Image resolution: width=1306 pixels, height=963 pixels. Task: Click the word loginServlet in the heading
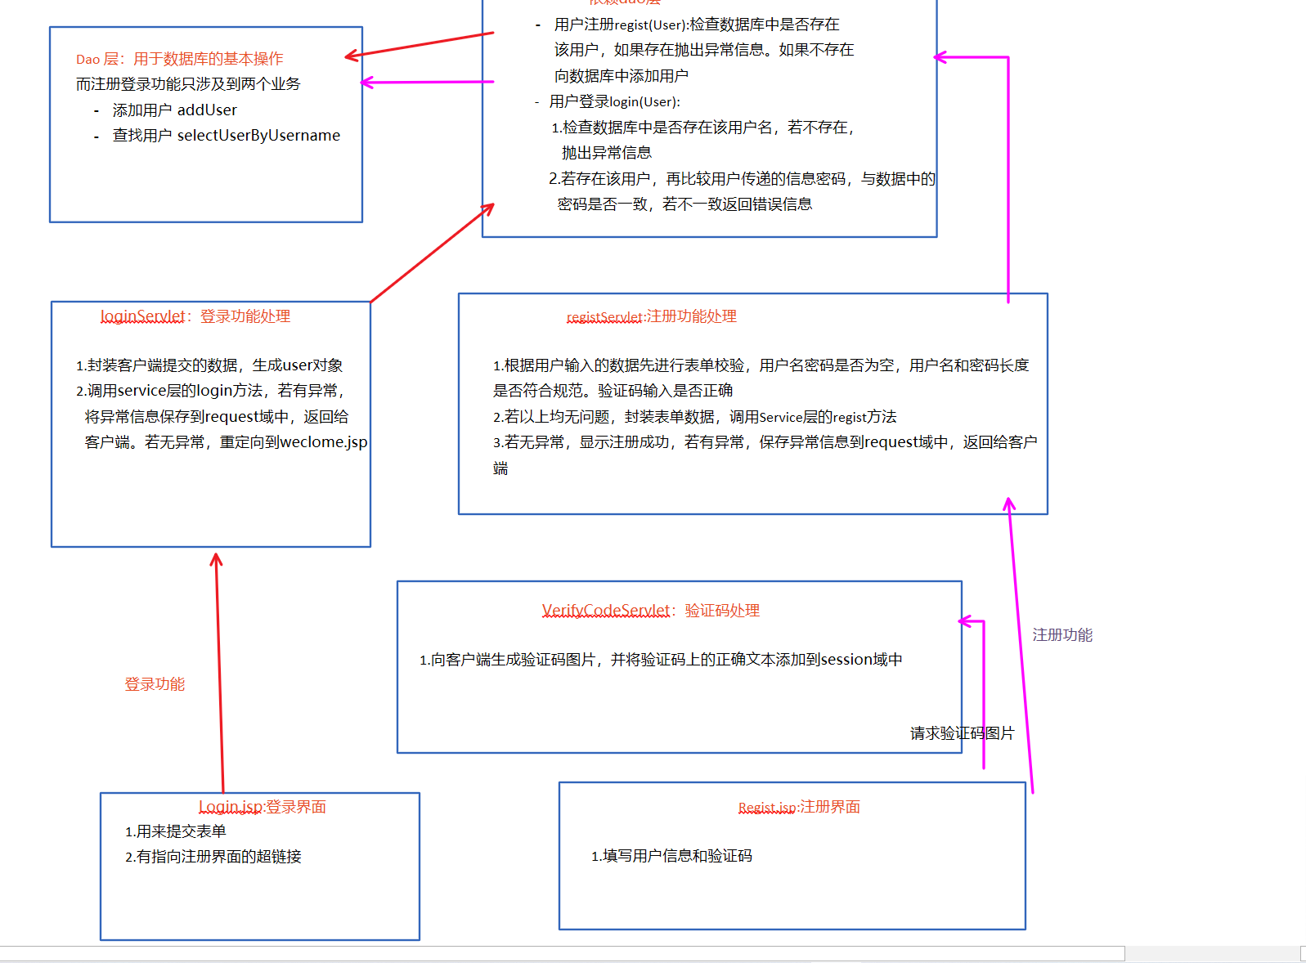pos(143,316)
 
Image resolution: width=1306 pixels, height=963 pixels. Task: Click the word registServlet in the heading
pos(604,317)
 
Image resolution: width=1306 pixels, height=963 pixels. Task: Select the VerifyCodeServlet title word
pos(606,611)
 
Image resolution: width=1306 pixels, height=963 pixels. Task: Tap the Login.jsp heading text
pos(230,807)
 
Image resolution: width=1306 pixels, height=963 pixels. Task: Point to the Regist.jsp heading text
pos(767,808)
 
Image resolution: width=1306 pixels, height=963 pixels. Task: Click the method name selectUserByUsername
pos(258,136)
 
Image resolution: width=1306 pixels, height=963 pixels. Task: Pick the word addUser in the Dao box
pos(207,110)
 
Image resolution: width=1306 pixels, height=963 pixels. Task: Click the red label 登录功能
pos(155,684)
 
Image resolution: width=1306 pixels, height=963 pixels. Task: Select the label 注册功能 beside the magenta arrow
pos(1062,635)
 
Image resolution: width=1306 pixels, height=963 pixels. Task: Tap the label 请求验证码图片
pos(962,733)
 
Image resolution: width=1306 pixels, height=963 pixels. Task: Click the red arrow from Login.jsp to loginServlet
pos(219,670)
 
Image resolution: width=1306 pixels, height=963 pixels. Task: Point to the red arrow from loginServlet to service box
pos(432,254)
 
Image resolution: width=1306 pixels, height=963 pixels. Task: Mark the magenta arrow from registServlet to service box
pos(1008,180)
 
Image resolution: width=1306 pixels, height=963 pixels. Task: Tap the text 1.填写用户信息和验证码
pos(671,856)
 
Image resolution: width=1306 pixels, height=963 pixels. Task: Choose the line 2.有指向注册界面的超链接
pos(213,857)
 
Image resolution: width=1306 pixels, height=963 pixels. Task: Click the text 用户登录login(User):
pos(615,101)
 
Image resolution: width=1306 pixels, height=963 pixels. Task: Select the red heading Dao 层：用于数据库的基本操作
pos(180,59)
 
